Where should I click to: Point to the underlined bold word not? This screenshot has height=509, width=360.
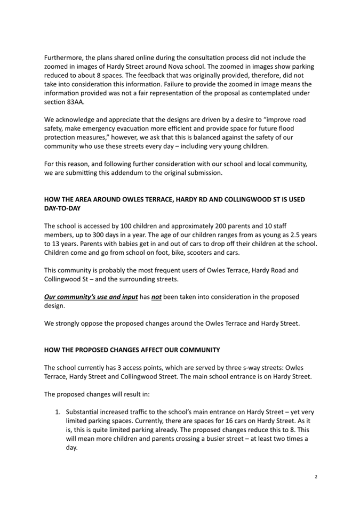click(x=156, y=296)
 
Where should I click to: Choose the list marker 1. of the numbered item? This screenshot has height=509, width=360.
click(x=59, y=412)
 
